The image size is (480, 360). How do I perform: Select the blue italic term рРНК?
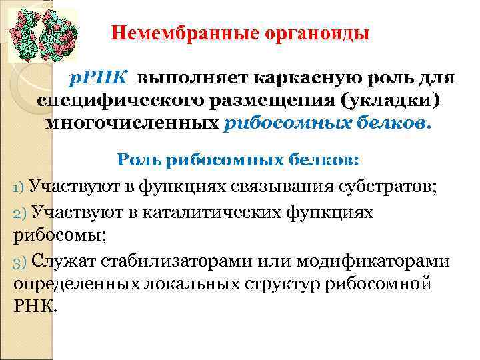100,79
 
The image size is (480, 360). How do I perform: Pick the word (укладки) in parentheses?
390,101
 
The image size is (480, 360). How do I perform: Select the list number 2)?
19,212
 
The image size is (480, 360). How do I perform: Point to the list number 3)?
19,260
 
